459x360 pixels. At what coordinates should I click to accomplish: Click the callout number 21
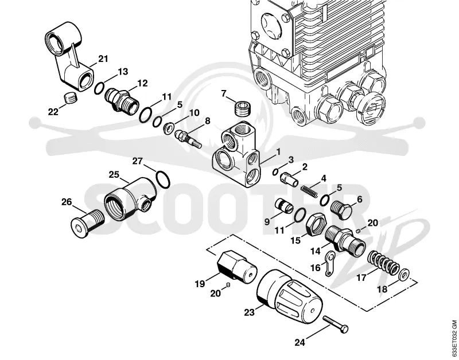click(x=103, y=59)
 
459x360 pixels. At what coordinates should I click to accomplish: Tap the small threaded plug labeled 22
click(x=70, y=97)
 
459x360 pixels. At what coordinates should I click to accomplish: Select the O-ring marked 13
click(x=99, y=88)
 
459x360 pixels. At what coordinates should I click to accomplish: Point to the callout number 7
click(x=224, y=93)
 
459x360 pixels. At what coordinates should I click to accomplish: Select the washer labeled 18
click(x=404, y=273)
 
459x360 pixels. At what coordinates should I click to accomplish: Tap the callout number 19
click(x=200, y=284)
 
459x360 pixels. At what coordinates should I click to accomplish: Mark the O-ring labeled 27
click(x=163, y=179)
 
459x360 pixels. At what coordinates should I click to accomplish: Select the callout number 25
click(x=114, y=175)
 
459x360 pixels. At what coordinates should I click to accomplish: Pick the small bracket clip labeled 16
click(x=330, y=263)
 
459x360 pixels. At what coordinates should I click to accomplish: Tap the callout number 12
click(x=142, y=83)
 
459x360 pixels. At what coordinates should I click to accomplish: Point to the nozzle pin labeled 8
click(x=188, y=139)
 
